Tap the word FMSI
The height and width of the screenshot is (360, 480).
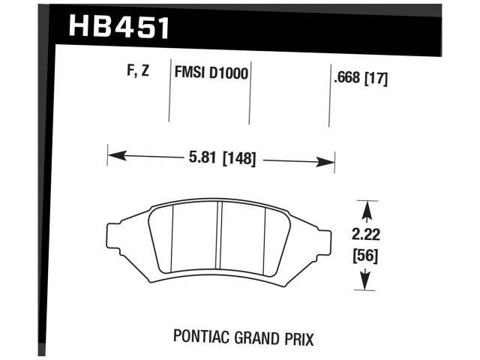pyautogui.click(x=190, y=74)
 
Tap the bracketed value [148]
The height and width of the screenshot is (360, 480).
pyautogui.click(x=239, y=158)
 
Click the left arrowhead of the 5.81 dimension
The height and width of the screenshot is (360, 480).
pyautogui.click(x=113, y=156)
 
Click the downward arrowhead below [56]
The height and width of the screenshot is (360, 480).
pyautogui.click(x=364, y=284)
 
